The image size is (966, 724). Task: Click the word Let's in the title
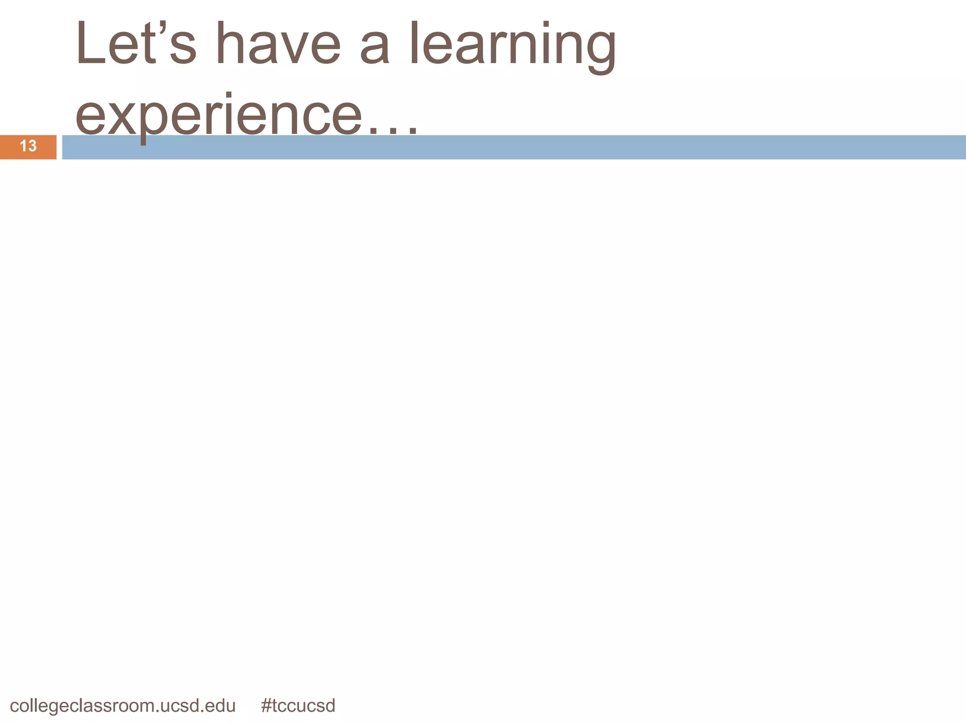coord(135,43)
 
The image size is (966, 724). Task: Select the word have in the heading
coord(278,43)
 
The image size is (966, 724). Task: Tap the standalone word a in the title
coord(375,47)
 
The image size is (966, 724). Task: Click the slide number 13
coord(28,146)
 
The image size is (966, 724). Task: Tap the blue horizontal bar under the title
coord(566,148)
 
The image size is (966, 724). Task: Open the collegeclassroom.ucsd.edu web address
coord(123,706)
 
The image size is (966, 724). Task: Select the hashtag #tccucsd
coord(298,706)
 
